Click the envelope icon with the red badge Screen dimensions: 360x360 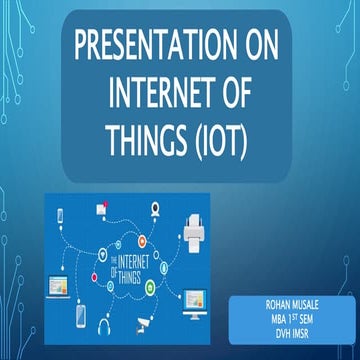click(101, 208)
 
